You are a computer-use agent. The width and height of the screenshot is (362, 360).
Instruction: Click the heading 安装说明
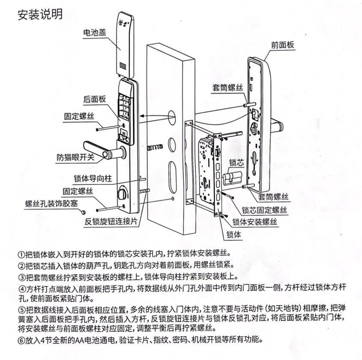point(40,14)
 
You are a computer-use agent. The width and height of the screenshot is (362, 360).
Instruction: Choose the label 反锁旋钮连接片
point(111,222)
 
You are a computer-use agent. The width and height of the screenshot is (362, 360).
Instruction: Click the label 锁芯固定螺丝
point(264,210)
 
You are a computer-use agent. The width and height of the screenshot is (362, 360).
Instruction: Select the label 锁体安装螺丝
point(255,222)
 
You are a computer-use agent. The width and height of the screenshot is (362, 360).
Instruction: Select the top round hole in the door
point(171,116)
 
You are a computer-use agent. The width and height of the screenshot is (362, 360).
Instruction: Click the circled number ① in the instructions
point(21,253)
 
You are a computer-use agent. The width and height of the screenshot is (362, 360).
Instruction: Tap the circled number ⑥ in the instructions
point(21,341)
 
